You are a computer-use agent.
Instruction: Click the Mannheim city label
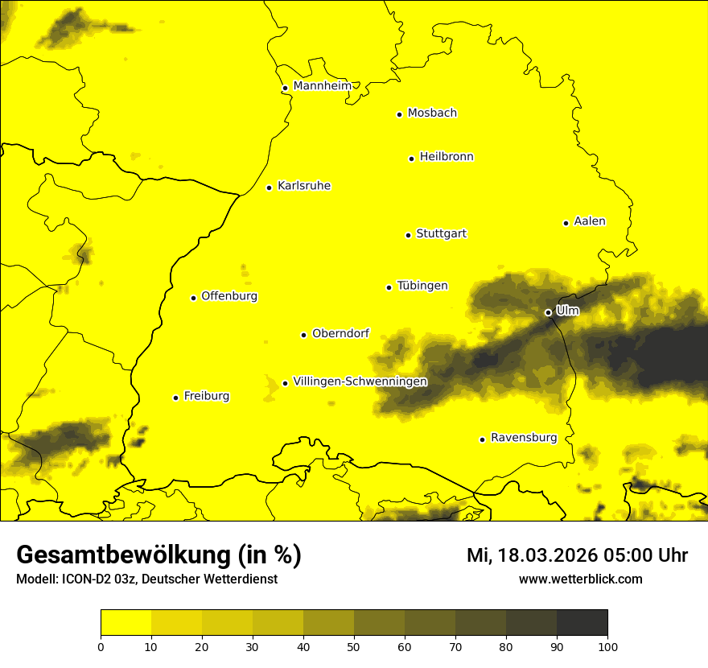click(322, 86)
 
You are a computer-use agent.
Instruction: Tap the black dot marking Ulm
click(548, 312)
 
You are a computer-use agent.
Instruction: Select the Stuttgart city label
click(441, 234)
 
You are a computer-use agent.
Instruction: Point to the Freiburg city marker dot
click(175, 398)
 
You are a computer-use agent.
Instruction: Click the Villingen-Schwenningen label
click(360, 381)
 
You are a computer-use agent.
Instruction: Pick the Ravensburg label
click(523, 438)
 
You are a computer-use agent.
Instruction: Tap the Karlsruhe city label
click(303, 186)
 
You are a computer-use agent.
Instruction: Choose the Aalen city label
click(589, 221)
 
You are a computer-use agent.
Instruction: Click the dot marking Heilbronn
click(411, 159)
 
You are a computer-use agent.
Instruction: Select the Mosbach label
click(431, 113)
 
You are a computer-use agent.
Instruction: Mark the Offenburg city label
click(228, 296)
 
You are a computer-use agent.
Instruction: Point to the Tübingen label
click(422, 286)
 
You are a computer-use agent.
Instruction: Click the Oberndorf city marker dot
click(303, 335)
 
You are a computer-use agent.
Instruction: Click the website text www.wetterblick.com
click(580, 579)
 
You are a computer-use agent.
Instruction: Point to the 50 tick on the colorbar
click(354, 646)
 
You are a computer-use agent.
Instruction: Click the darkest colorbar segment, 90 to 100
click(582, 622)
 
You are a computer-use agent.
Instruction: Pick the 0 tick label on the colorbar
click(101, 646)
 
